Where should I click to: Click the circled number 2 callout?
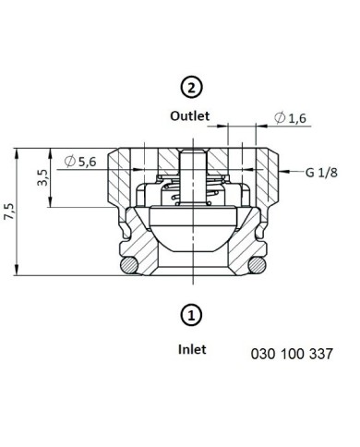pyautogui.click(x=191, y=88)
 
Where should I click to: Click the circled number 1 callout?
pyautogui.click(x=191, y=316)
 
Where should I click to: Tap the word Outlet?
pyautogui.click(x=190, y=116)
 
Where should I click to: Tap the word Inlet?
pyautogui.click(x=192, y=349)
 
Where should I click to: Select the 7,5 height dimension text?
pyautogui.click(x=9, y=211)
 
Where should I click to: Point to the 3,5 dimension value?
pyautogui.click(x=42, y=177)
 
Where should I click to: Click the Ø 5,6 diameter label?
pyautogui.click(x=80, y=161)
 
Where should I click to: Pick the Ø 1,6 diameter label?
pyautogui.click(x=290, y=117)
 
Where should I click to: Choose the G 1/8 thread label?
pyautogui.click(x=321, y=173)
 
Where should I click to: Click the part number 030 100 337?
pyautogui.click(x=292, y=354)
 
